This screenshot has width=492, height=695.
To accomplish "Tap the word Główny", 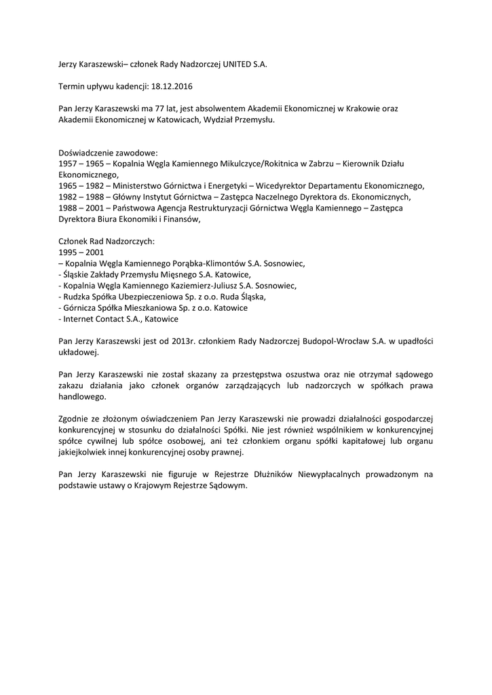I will (128, 196).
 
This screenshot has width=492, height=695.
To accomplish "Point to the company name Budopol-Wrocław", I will (334, 341).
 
